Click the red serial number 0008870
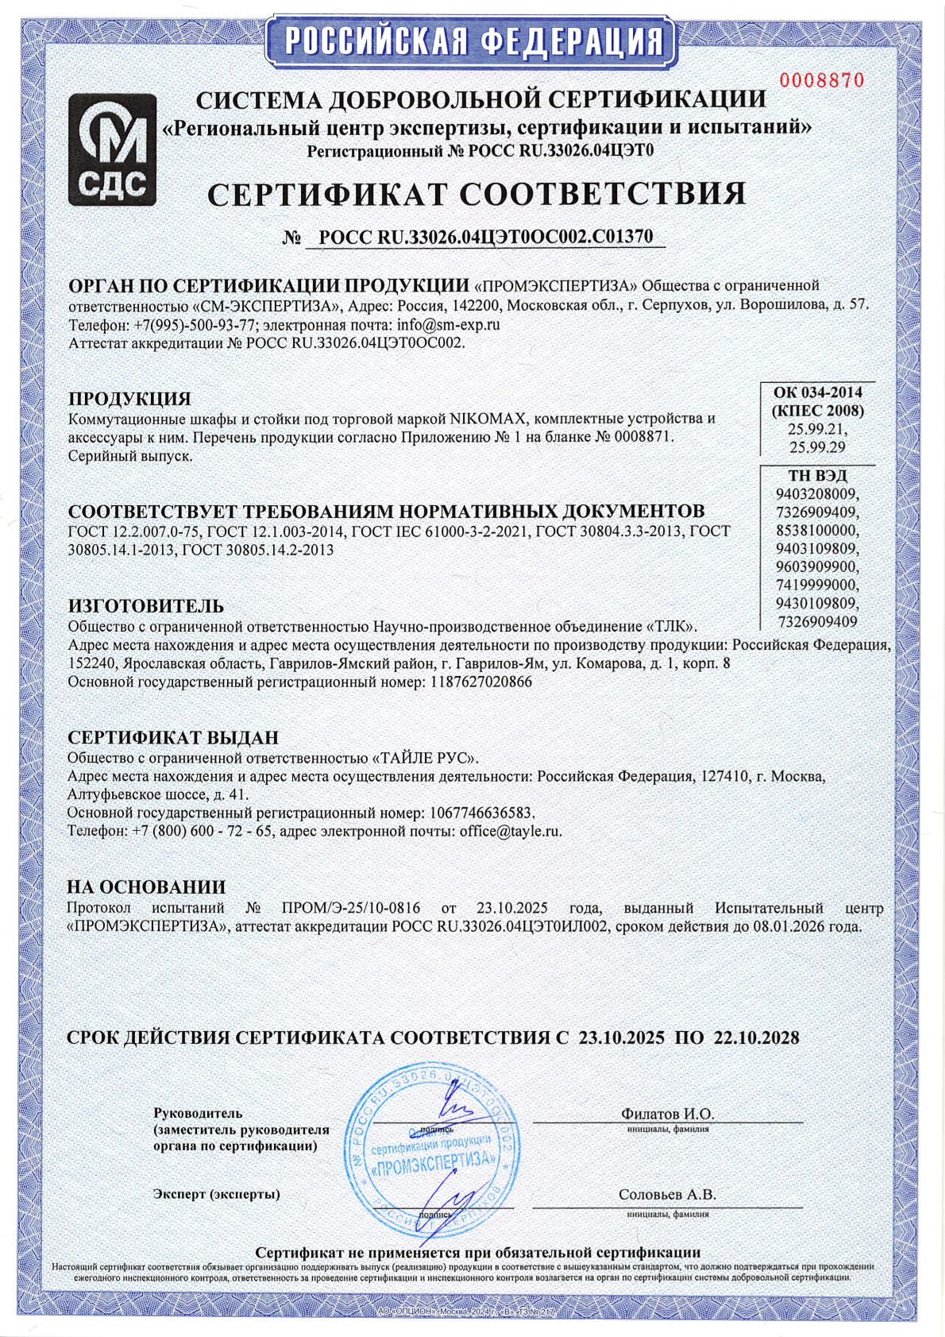click(821, 79)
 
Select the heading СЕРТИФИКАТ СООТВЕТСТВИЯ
click(476, 194)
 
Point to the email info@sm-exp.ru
click(443, 324)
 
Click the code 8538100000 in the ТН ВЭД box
click(817, 530)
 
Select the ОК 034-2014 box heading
click(818, 392)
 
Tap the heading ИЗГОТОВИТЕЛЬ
click(146, 607)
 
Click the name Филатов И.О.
click(667, 1114)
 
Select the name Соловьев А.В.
click(667, 1194)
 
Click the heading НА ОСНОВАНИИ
click(146, 887)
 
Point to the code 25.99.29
click(817, 447)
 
